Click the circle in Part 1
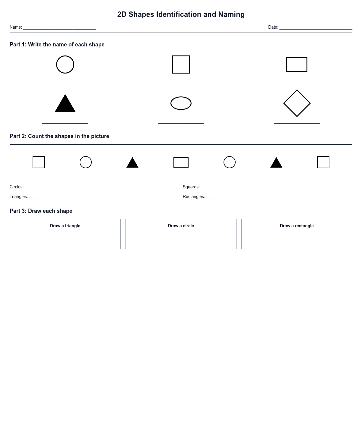[65, 65]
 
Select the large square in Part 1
[181, 65]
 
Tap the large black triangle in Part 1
[65, 105]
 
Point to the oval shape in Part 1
[181, 103]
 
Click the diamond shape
[297, 103]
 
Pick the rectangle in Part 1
[297, 65]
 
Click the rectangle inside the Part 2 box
[181, 162]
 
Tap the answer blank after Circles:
[32, 188]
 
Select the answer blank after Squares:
[208, 188]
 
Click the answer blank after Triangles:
[36, 198]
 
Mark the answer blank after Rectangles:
[213, 198]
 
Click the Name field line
[60, 28]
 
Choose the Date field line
[316, 28]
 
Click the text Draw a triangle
[65, 226]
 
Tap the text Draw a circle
[181, 226]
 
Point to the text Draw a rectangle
[297, 226]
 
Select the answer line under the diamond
[297, 123]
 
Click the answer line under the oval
[181, 123]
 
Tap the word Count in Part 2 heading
[35, 136]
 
